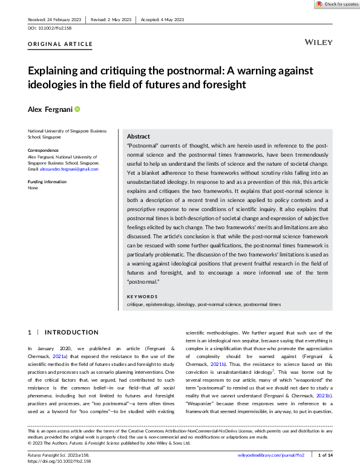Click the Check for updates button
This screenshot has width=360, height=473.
coord(336,4)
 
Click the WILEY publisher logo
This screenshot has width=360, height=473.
coord(318,44)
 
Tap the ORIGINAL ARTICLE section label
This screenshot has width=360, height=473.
coord(61,44)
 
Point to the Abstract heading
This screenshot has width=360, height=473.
coord(139,137)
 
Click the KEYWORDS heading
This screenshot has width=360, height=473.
coord(143,296)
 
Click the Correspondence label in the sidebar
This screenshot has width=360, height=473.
coord(44,150)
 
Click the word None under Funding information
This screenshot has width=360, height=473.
coord(33,188)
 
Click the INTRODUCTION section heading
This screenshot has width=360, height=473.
coord(71,332)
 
